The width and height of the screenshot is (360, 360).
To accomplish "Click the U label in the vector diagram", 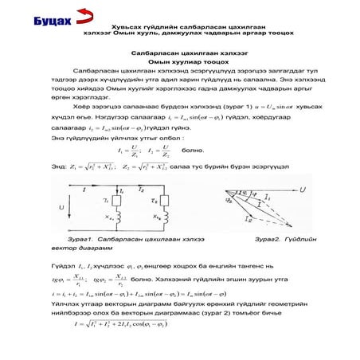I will coord(303,189).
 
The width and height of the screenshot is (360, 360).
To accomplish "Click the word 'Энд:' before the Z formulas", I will coord(60,166).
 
